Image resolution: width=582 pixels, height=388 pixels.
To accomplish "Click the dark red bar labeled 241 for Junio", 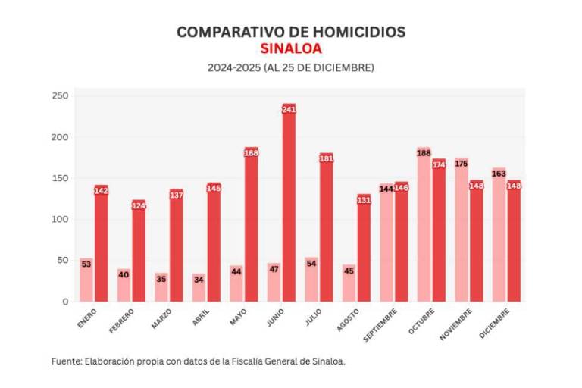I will pos(289,205).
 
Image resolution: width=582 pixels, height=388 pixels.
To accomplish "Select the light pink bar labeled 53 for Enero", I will pos(86,280).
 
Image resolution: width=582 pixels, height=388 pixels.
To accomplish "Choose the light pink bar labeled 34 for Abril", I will pos(199,288).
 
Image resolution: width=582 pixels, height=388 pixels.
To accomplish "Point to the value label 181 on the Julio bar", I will pos(327,158).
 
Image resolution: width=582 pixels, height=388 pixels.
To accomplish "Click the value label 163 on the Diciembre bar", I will pos(499,174).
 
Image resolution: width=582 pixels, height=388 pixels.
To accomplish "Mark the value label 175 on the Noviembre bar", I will pos(462,164).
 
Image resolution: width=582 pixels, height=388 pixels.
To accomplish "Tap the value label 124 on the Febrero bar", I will pos(139,205).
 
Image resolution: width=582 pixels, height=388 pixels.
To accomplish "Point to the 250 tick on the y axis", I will pos(60,95).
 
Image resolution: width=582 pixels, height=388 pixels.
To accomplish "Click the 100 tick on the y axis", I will pos(60,219).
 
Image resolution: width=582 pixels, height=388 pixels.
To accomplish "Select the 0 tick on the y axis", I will pos(64,302).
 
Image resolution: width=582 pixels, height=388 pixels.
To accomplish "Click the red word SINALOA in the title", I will pos(291,48).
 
